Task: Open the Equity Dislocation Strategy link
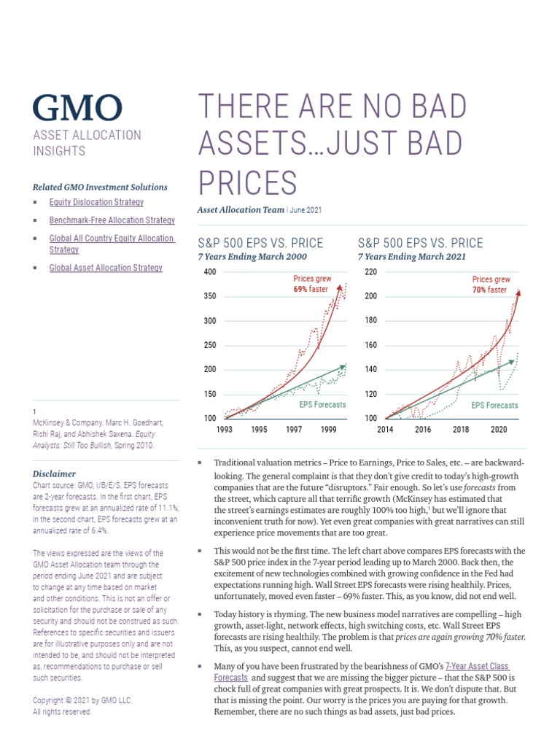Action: pyautogui.click(x=96, y=202)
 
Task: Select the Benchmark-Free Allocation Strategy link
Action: pyautogui.click(x=112, y=220)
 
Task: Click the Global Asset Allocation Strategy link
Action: pyautogui.click(x=106, y=268)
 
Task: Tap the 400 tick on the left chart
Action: pyautogui.click(x=210, y=272)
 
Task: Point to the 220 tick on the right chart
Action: pyautogui.click(x=370, y=272)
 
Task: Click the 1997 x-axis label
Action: pyautogui.click(x=294, y=430)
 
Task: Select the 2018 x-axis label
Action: pyautogui.click(x=461, y=430)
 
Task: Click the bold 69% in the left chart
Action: pyautogui.click(x=300, y=290)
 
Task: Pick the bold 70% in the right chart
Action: pyautogui.click(x=479, y=290)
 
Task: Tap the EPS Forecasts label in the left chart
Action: pyautogui.click(x=322, y=405)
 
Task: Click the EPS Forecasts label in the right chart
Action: pyautogui.click(x=494, y=405)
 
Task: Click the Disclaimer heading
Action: pyautogui.click(x=54, y=473)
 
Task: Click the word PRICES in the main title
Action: pyautogui.click(x=247, y=182)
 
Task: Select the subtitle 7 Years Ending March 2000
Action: pyautogui.click(x=252, y=257)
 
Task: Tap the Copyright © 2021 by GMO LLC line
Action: pyautogui.click(x=82, y=700)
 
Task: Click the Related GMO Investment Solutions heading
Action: pyautogui.click(x=100, y=187)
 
